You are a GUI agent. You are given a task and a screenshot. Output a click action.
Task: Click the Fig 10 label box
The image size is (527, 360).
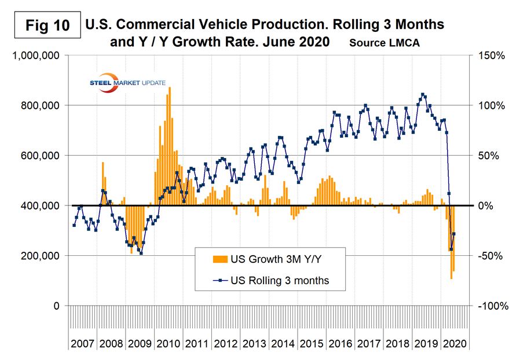(42, 26)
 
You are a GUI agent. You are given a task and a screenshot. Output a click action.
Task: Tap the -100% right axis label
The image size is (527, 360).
(491, 306)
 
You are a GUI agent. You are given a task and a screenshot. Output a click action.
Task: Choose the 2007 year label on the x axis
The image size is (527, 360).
(83, 343)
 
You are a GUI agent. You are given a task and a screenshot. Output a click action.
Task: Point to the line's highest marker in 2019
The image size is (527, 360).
(423, 94)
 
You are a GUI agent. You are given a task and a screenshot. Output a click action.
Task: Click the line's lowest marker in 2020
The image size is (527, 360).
(451, 249)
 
